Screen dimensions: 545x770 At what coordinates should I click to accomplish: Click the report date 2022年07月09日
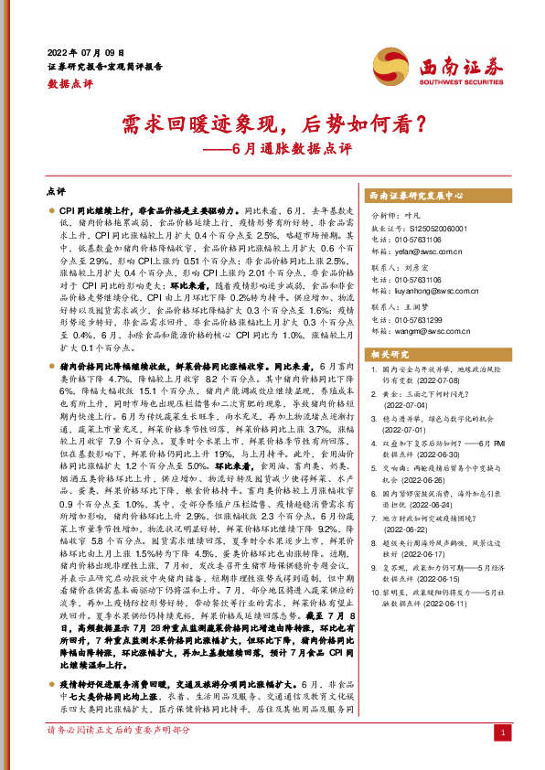[83, 50]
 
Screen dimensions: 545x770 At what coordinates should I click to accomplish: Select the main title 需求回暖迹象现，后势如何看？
[272, 123]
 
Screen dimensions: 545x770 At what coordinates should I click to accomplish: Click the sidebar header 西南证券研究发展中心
[415, 196]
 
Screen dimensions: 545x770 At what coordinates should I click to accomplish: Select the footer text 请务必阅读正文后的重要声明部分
[119, 756]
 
